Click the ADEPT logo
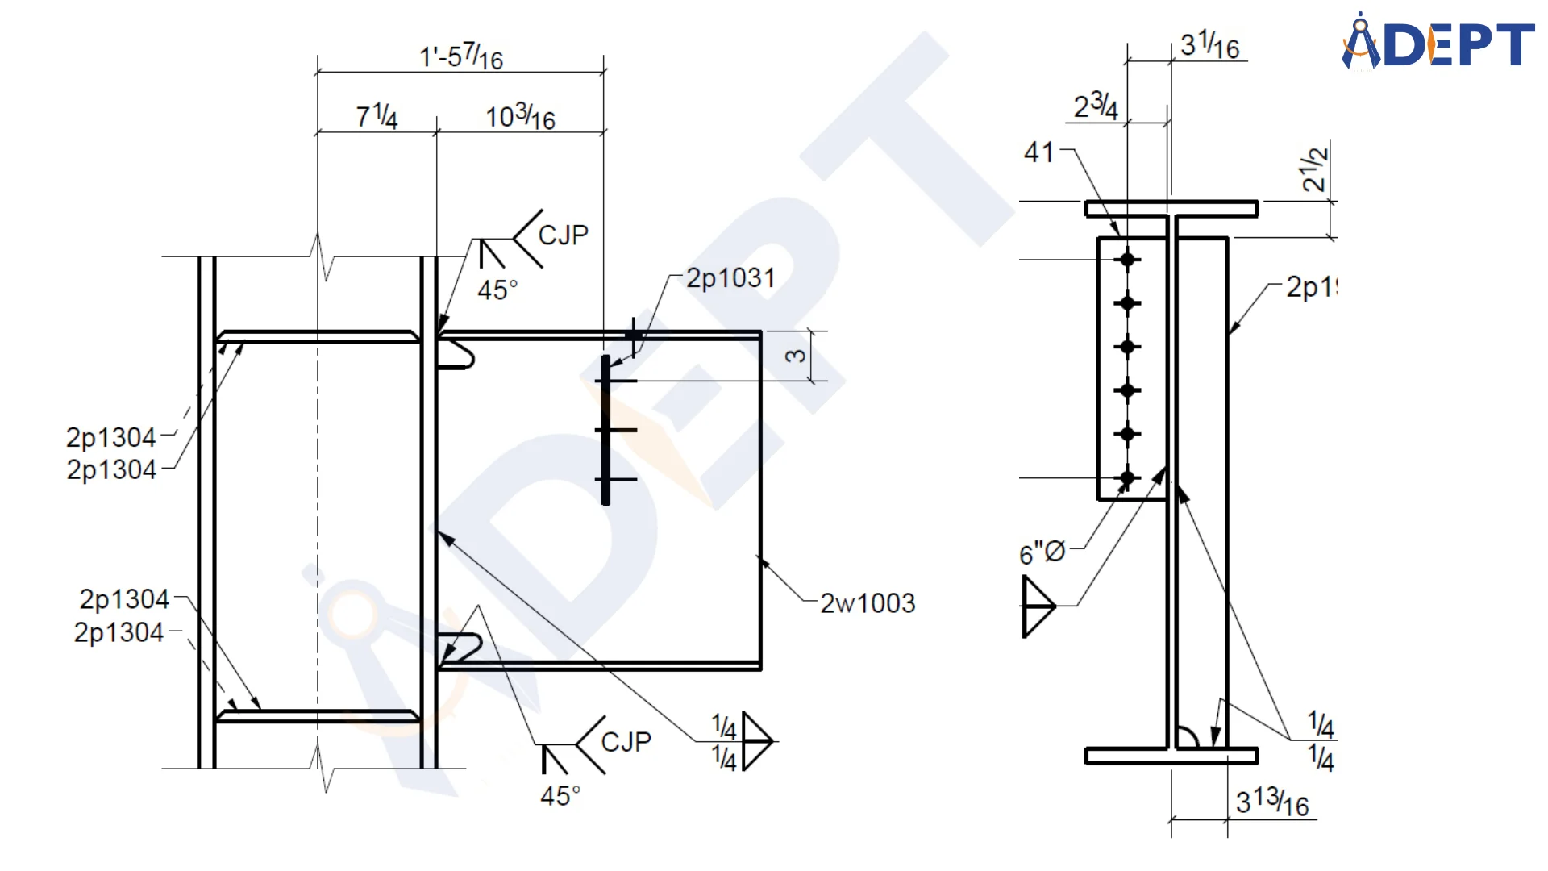click(1438, 42)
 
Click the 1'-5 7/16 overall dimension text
click(461, 57)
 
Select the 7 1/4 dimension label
click(377, 117)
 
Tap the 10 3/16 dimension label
click(520, 117)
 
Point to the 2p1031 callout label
click(730, 278)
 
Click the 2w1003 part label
click(868, 603)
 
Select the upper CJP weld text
click(563, 235)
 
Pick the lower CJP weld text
click(626, 742)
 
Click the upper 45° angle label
click(497, 290)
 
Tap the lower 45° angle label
click(560, 796)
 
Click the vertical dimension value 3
click(796, 356)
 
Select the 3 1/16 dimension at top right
click(1209, 45)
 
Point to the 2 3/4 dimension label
click(1096, 106)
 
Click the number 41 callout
click(1039, 152)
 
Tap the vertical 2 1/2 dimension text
click(1314, 169)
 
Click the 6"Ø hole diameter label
click(1042, 553)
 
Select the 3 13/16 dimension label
click(1272, 802)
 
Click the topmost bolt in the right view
click(1127, 260)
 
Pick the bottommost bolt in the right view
click(1127, 477)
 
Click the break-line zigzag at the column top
click(321, 256)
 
